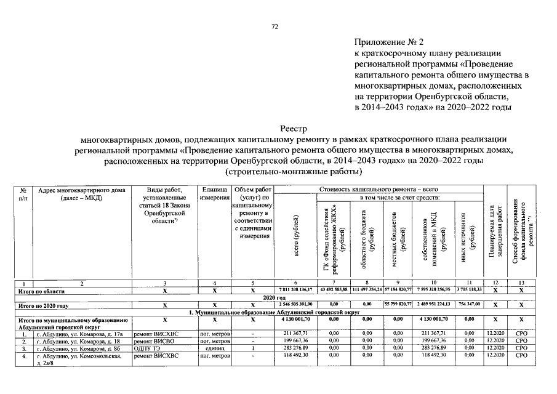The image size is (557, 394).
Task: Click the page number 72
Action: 275,26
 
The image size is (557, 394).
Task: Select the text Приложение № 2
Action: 389,42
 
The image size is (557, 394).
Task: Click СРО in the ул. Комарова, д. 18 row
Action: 521,342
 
